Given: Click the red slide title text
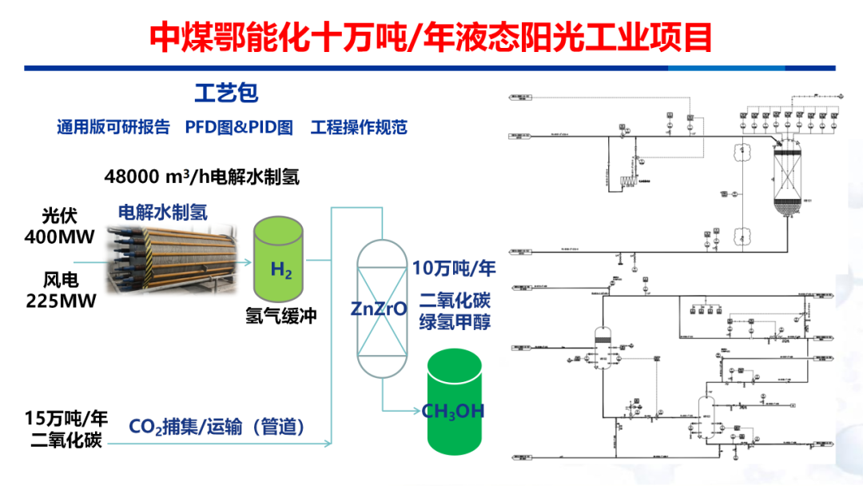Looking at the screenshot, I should [431, 37].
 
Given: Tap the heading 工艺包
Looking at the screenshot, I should [227, 93].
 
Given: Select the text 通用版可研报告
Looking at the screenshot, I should [113, 127].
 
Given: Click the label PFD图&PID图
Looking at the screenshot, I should [239, 127].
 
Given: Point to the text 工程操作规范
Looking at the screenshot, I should [359, 127].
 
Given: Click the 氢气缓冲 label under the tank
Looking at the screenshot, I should [280, 316].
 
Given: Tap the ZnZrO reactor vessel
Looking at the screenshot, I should [380, 308].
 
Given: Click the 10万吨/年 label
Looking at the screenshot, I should [454, 269].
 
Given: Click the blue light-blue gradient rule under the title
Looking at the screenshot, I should [431, 68].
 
